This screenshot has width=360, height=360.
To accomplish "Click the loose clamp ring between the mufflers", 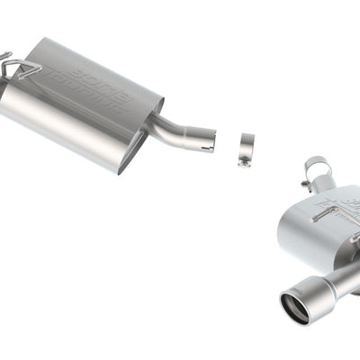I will [x=246, y=145].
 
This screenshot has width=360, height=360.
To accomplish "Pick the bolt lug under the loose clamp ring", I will [x=243, y=161].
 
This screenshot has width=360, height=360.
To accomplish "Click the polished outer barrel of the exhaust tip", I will [x=310, y=293].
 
